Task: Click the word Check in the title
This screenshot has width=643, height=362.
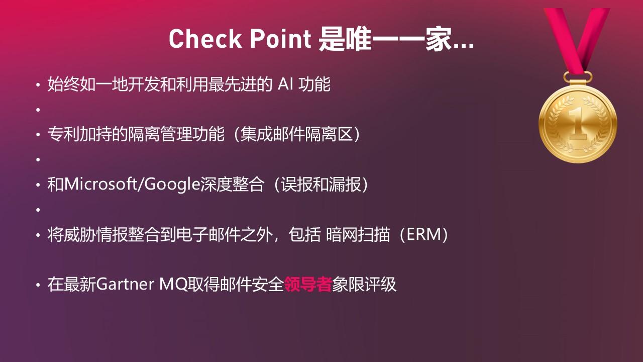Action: (205, 39)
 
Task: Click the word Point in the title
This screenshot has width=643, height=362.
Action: (280, 39)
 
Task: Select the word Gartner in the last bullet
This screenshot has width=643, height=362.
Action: (125, 285)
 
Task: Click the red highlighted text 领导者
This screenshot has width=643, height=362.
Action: (308, 285)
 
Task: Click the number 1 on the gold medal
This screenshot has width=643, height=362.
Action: (578, 124)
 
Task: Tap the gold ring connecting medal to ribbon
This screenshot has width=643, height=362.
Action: (578, 77)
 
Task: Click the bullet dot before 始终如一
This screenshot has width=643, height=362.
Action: (38, 85)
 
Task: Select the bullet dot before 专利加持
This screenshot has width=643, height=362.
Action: (38, 135)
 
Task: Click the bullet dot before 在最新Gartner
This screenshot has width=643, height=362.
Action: (38, 285)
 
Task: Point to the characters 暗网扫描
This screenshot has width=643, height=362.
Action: (358, 234)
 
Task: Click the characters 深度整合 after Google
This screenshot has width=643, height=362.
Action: (232, 185)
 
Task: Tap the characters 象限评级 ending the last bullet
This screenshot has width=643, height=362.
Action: (364, 285)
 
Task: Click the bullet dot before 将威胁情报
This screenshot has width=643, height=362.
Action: (38, 235)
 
